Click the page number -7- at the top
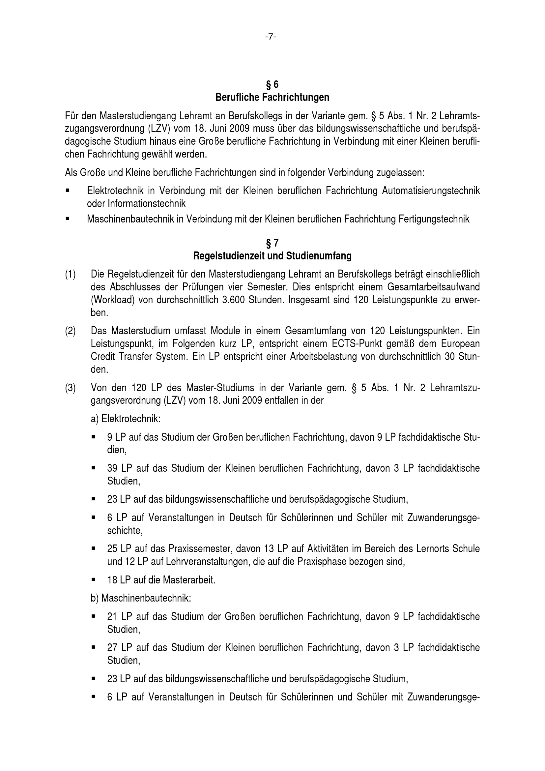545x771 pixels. click(271, 37)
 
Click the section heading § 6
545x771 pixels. click(272, 84)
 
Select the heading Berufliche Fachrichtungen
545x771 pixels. click(272, 97)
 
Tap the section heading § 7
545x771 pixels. click(272, 243)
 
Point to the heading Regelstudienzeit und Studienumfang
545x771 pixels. click(272, 256)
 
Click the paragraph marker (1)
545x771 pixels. click(70, 274)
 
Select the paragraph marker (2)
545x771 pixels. click(70, 331)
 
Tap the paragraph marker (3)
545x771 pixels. click(70, 388)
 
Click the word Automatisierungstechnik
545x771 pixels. click(431, 191)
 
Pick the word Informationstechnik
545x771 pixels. click(146, 203)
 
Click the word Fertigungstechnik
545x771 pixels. click(434, 219)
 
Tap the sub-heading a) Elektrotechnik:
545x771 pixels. click(126, 419)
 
